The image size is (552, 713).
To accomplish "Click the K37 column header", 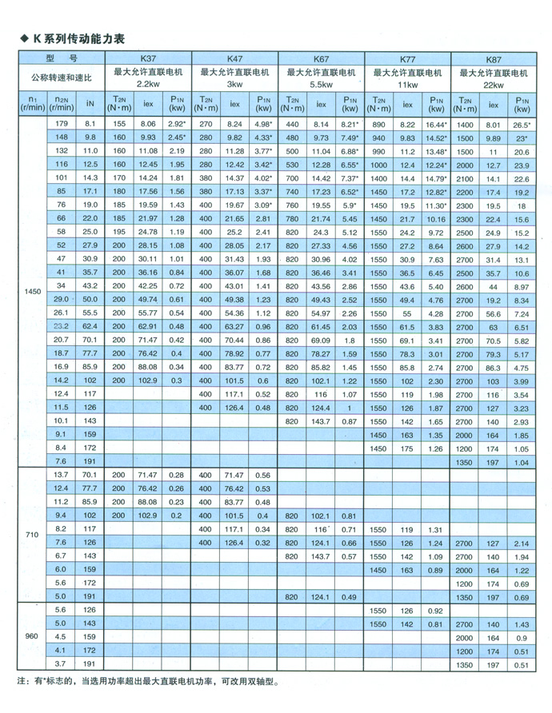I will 148,58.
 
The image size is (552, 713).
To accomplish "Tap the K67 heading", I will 321,59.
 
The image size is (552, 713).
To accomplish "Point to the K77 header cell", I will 407,59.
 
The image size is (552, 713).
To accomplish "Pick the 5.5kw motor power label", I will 321,84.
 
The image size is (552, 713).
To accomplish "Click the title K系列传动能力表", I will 78,38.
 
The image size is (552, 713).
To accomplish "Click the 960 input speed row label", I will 33,636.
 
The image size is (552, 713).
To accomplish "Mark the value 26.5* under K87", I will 522,125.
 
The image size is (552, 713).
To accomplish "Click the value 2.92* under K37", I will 178,125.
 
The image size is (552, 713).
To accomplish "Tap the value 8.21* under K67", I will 350,125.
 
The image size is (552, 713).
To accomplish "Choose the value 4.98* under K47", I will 263,125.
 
